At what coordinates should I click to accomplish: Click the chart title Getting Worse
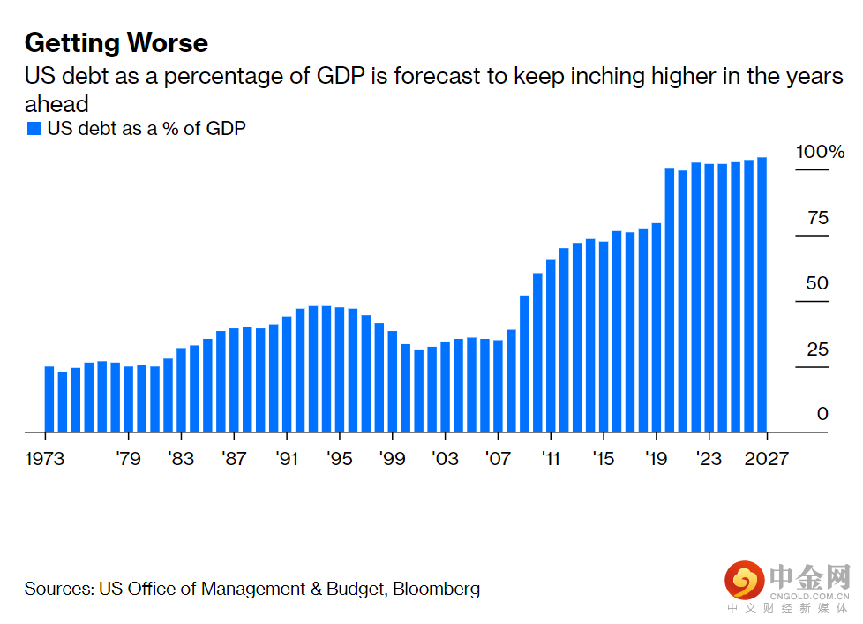[116, 43]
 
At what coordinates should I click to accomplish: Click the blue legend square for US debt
[34, 129]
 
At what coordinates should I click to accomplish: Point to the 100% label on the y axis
[820, 152]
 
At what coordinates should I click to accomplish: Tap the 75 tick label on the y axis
[818, 218]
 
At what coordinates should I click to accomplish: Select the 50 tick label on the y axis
[817, 283]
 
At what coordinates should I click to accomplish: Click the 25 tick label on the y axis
[817, 350]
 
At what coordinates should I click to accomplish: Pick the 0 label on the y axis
[822, 414]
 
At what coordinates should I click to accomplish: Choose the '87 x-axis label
[234, 459]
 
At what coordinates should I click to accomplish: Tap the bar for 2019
[656, 327]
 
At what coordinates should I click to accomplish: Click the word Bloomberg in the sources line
[436, 589]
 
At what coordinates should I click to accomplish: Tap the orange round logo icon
[744, 582]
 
